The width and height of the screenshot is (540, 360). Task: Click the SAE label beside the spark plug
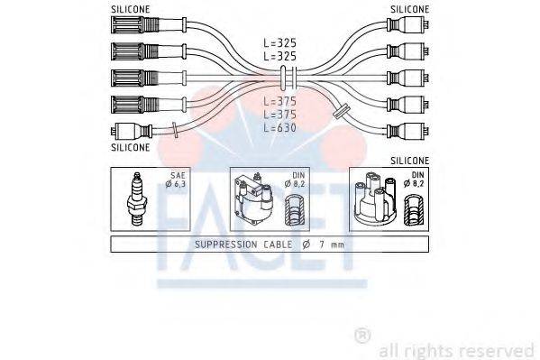click(x=171, y=176)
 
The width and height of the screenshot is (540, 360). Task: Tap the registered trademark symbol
click(x=362, y=336)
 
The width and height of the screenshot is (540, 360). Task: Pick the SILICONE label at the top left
click(x=130, y=8)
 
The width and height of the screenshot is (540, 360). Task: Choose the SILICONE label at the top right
click(x=410, y=8)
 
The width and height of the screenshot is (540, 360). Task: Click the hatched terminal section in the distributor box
click(x=416, y=211)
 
